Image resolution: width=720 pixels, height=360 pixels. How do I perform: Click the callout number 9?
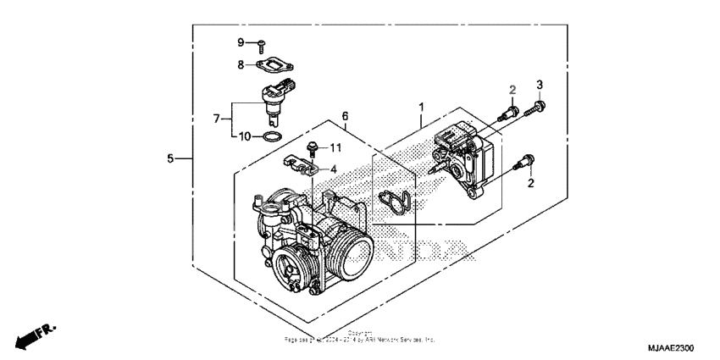pos(240,42)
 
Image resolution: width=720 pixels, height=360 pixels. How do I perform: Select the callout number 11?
pos(335,147)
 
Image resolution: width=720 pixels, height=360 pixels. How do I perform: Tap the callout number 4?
pos(333,169)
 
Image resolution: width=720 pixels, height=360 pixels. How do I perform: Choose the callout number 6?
pos(345,115)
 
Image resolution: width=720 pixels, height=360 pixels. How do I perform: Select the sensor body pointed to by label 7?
pos(274,100)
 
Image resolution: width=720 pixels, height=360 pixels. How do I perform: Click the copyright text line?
pos(359,338)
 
